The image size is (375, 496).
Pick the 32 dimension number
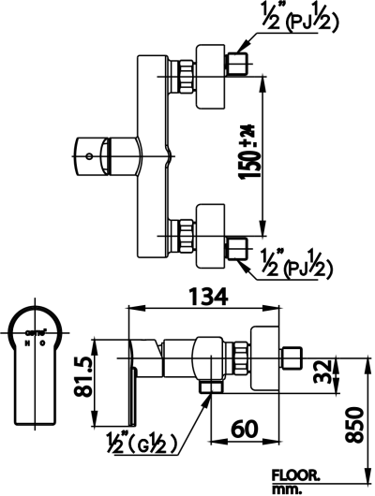coord(321,372)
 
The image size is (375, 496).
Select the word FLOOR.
coord(296,474)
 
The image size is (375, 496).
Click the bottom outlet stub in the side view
coord(210,387)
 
